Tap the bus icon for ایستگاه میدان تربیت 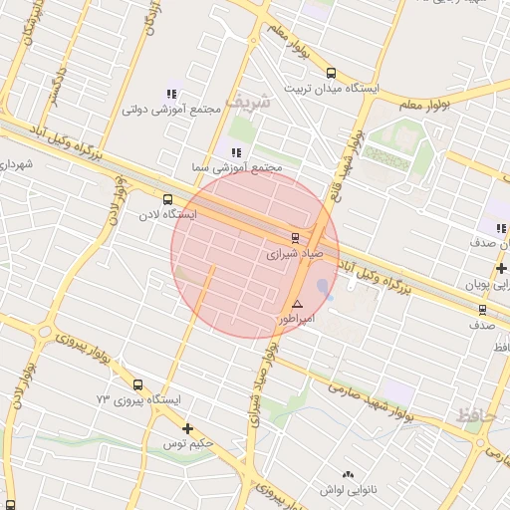click(332, 72)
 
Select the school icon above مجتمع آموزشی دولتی click(175, 93)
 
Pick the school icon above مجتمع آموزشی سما click(236, 152)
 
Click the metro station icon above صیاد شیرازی click(294, 237)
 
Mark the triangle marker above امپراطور click(297, 304)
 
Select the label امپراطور click(294, 320)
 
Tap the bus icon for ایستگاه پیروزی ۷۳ click(136, 383)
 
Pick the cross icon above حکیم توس click(187, 428)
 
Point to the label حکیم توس click(189, 444)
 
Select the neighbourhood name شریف click(247, 102)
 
